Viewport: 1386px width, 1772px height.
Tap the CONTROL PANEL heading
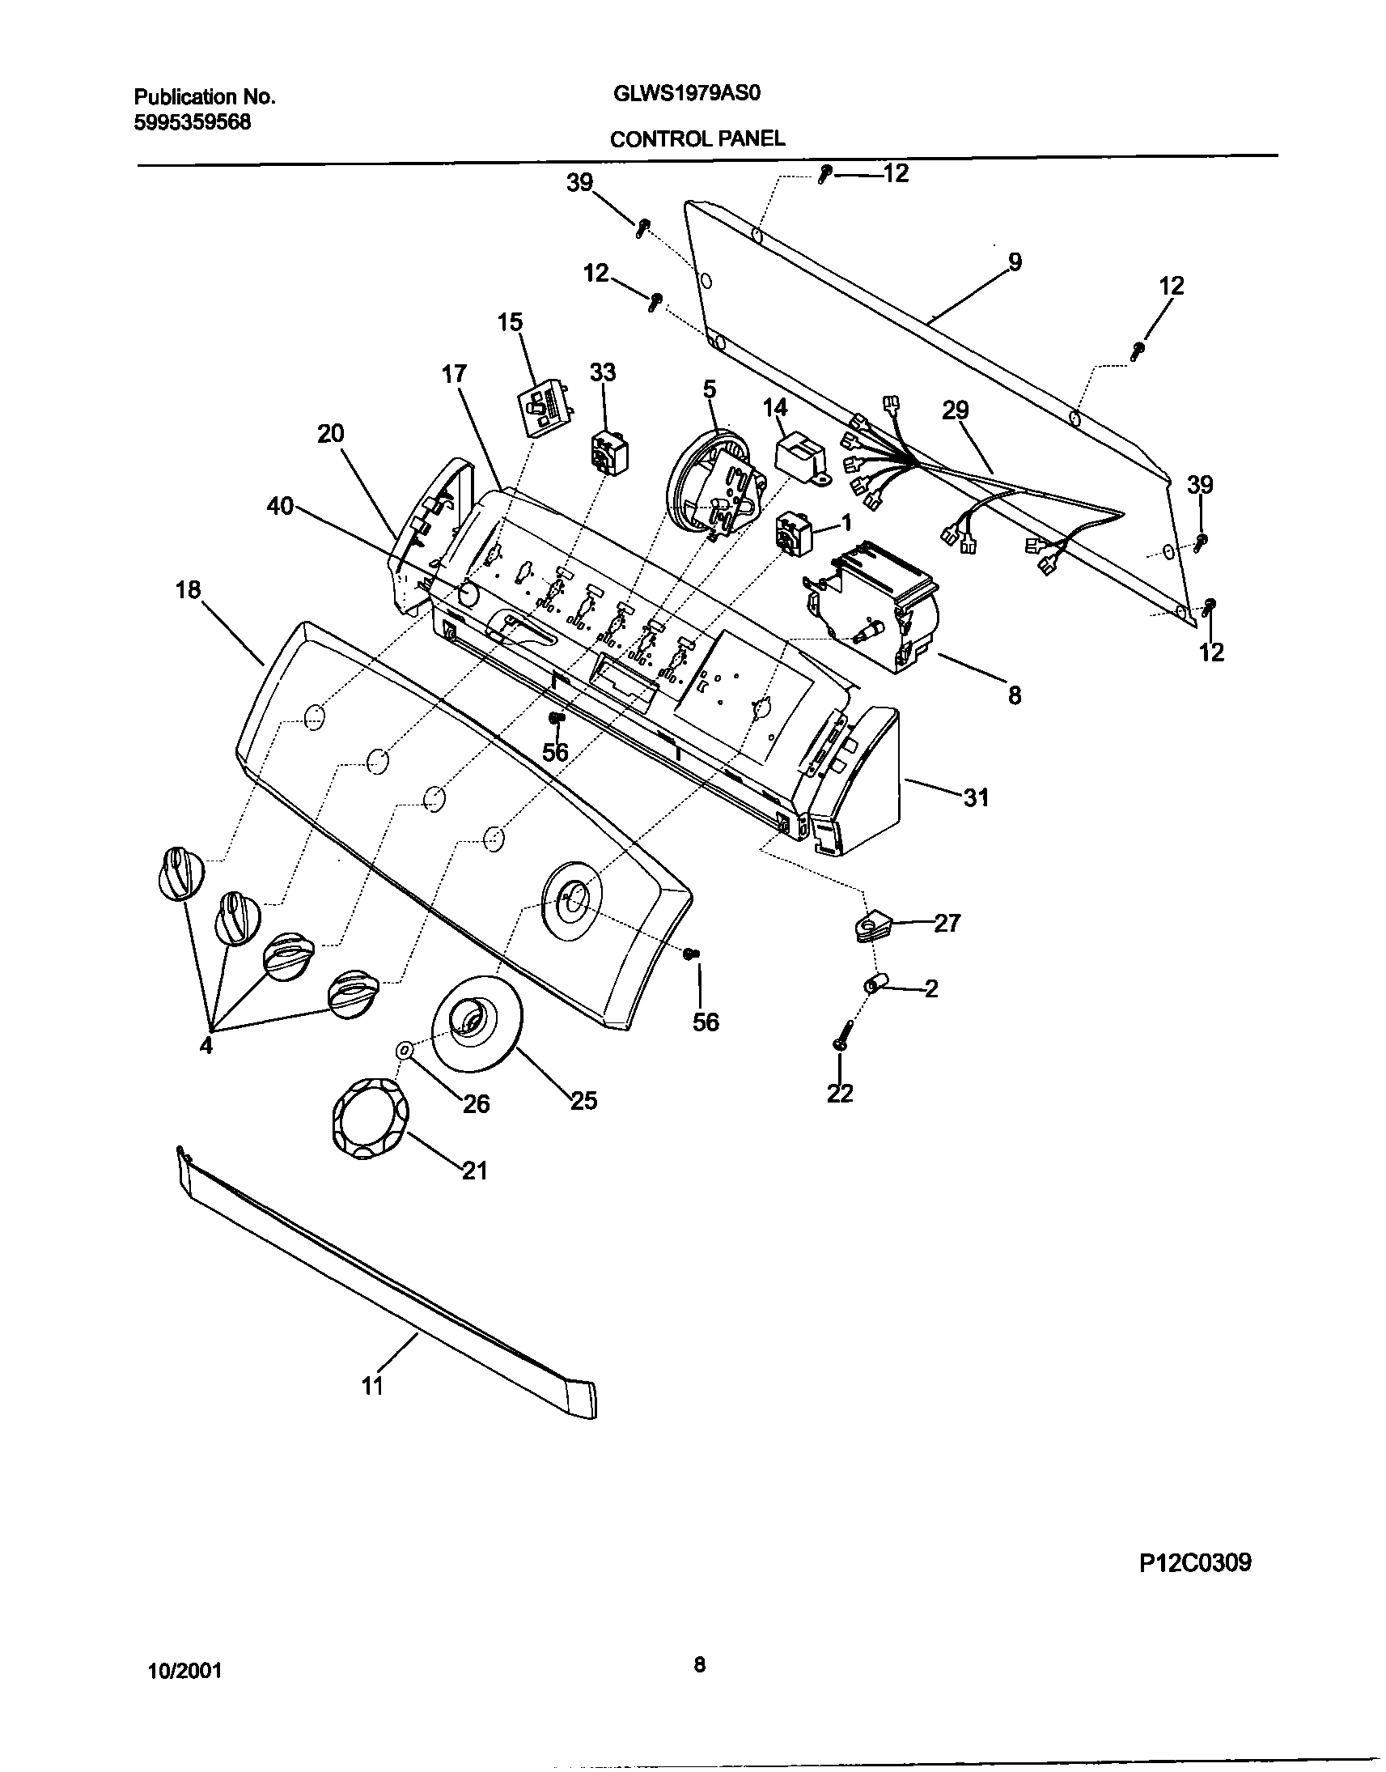pyautogui.click(x=697, y=138)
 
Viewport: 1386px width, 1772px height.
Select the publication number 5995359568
pyautogui.click(x=193, y=122)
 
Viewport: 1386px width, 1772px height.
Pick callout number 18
pyautogui.click(x=188, y=590)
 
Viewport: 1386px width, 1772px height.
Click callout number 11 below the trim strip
pyautogui.click(x=371, y=1386)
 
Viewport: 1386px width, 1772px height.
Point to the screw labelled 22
pyautogui.click(x=840, y=1037)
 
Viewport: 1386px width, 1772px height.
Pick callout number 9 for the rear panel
pyautogui.click(x=1015, y=262)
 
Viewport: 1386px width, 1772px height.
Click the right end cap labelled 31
pyautogui.click(x=860, y=784)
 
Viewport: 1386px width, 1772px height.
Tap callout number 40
pyautogui.click(x=280, y=508)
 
